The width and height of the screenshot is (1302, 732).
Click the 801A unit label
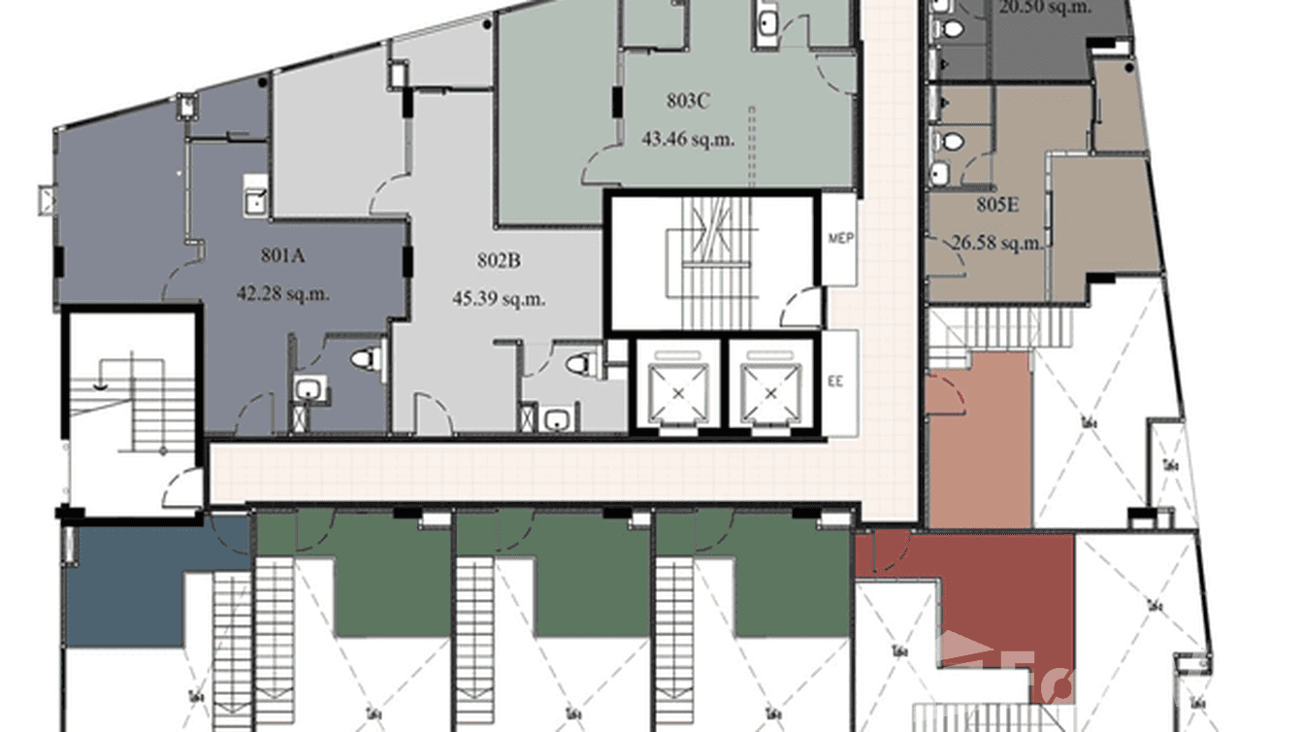pyautogui.click(x=283, y=256)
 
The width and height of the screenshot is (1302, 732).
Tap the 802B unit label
pyautogui.click(x=500, y=261)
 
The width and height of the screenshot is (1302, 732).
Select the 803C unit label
pyautogui.click(x=687, y=100)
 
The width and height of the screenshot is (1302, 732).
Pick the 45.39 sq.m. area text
pyautogui.click(x=499, y=298)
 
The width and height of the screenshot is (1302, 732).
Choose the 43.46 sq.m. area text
pyautogui.click(x=688, y=138)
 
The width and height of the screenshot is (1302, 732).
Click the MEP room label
pyautogui.click(x=840, y=239)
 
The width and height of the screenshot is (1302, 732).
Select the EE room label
pyautogui.click(x=835, y=382)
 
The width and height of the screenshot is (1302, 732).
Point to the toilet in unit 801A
pyautogui.click(x=364, y=359)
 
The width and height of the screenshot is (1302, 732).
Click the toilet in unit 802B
pyautogui.click(x=579, y=364)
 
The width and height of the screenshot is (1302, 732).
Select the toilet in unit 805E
pyautogui.click(x=953, y=142)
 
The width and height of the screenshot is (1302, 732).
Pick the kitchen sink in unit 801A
pyautogui.click(x=255, y=200)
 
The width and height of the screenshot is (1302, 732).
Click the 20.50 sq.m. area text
pyautogui.click(x=1045, y=7)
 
